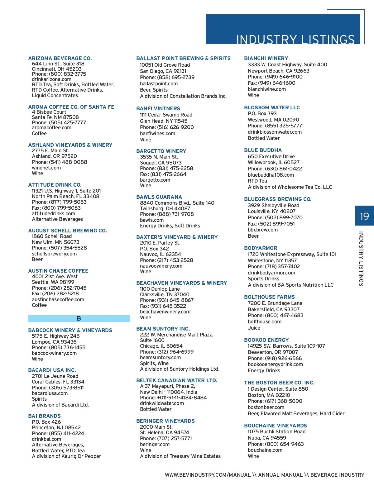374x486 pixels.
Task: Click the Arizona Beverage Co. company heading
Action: (x=60, y=58)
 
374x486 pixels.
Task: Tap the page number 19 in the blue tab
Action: (x=364, y=216)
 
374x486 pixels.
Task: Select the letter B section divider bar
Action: (x=79, y=318)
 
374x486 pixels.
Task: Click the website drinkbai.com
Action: (x=46, y=439)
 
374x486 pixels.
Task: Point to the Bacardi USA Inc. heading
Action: (x=52, y=370)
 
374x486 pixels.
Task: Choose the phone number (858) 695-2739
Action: (x=167, y=77)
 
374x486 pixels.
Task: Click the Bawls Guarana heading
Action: (x=159, y=197)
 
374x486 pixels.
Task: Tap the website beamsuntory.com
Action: (x=160, y=357)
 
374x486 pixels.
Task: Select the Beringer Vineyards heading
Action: (x=165, y=421)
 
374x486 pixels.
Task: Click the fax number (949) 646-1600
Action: (x=271, y=83)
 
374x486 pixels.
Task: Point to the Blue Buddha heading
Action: (x=263, y=150)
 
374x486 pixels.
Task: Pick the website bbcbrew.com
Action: (x=262, y=230)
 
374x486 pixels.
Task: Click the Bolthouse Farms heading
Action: (x=269, y=297)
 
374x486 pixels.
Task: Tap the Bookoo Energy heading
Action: (x=266, y=340)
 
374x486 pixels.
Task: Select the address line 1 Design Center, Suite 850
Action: (x=278, y=389)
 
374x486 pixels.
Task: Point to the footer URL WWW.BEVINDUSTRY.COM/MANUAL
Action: (x=208, y=475)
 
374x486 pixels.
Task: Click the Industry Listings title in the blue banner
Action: (x=295, y=39)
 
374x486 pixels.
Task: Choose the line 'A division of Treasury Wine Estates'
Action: (x=180, y=456)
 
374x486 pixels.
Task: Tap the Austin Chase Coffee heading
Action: (x=58, y=271)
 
